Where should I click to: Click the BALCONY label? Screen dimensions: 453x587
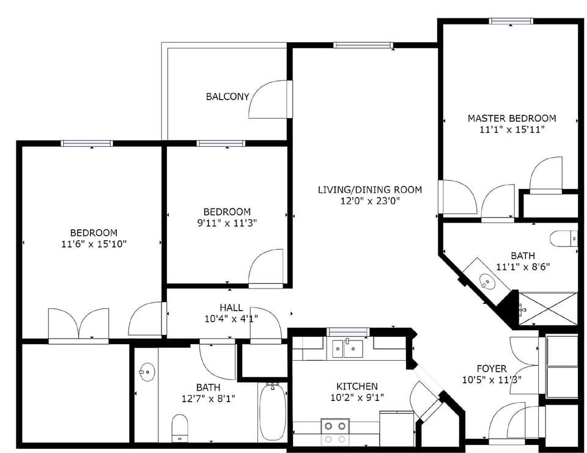[227, 97]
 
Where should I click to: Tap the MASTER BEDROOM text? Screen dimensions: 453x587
[512, 118]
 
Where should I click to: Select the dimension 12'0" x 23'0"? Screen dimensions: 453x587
[369, 201]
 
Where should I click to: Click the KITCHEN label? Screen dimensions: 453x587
[356, 386]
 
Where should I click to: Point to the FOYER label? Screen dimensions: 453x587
[492, 369]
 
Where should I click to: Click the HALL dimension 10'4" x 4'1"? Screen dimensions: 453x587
[231, 319]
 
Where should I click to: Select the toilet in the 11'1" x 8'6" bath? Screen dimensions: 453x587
[563, 238]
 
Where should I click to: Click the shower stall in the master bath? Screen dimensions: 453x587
[548, 309]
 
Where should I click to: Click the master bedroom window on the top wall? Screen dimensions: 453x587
[511, 22]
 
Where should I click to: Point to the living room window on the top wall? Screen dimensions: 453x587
[363, 45]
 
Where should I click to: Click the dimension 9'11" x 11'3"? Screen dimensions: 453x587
[227, 223]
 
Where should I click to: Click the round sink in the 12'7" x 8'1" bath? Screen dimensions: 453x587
[146, 371]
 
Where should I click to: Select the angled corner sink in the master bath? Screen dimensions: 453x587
[487, 281]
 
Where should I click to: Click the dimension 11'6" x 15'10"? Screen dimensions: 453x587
[94, 244]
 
